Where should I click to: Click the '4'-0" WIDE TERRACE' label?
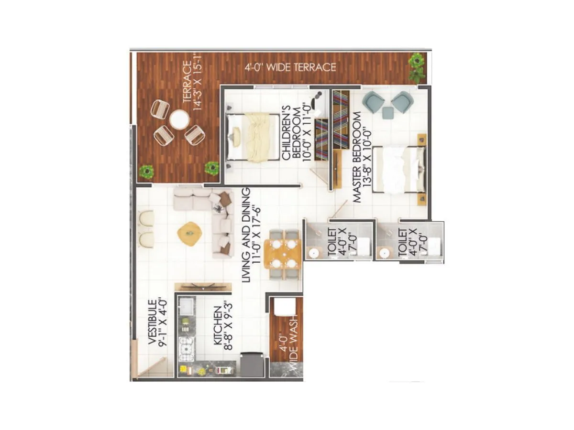pos(290,67)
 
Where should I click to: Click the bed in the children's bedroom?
pos(253,137)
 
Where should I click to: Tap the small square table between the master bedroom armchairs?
pos(387,113)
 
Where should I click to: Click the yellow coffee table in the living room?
pos(189,233)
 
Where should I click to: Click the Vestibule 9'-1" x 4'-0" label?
pos(156,322)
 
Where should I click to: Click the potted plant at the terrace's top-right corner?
pos(417,67)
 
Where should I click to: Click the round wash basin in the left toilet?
pos(314,252)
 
